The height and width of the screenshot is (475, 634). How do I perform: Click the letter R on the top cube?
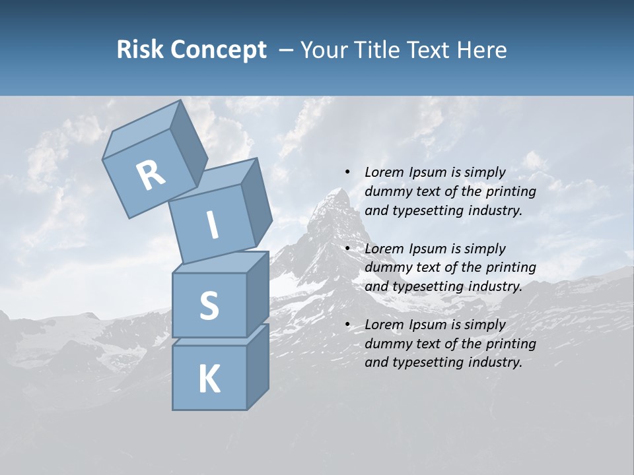[151, 175]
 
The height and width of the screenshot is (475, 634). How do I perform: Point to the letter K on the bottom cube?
[209, 379]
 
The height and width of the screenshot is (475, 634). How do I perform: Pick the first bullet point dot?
[347, 172]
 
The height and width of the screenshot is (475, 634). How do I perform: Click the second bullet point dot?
[347, 249]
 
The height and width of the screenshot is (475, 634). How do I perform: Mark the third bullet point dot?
[347, 325]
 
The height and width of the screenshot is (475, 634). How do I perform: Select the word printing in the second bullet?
[511, 267]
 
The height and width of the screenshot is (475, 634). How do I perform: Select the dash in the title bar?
[287, 49]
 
